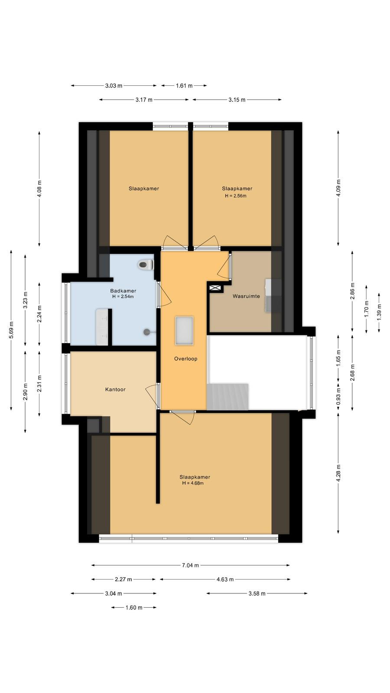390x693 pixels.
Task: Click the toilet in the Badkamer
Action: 146,265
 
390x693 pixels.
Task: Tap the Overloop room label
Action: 186,359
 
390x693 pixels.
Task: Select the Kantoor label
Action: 115,389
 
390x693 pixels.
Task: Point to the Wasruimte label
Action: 247,296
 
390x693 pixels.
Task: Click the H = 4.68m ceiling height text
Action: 193,483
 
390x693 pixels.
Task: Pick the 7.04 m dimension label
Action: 190,565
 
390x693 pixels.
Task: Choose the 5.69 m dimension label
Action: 11,330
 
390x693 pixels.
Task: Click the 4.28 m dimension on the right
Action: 338,473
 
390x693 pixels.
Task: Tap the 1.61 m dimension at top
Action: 184,86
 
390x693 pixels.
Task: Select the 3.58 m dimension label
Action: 257,593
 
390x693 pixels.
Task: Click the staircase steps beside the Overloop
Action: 227,397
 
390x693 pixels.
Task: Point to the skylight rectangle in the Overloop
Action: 185,331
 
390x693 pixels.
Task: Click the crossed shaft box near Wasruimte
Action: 215,288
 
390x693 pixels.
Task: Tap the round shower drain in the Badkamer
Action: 147,332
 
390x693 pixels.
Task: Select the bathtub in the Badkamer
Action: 102,327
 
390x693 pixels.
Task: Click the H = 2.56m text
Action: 236,196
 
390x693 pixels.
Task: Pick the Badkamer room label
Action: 123,291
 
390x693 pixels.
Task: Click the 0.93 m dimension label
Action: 338,397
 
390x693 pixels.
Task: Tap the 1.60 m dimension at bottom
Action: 134,608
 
